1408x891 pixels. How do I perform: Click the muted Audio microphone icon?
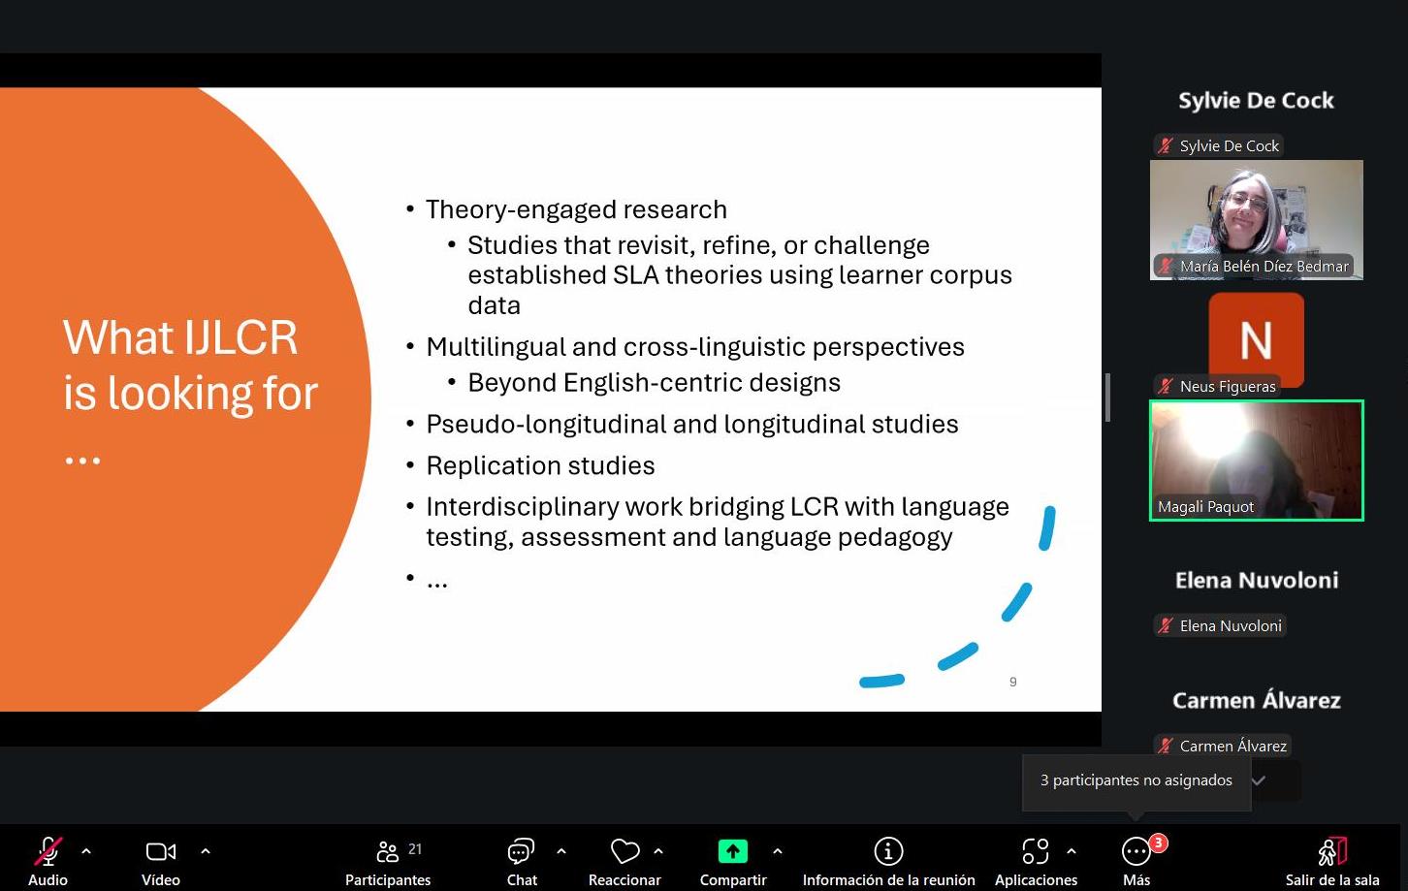pos(48,851)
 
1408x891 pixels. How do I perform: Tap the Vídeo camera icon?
pos(161,851)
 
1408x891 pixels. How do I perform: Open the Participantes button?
pos(388,862)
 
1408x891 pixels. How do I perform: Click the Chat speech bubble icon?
pos(521,851)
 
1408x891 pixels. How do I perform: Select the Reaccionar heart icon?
pos(624,851)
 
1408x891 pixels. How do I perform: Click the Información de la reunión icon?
pos(888,851)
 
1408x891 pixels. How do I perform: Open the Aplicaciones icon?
pos(1036,851)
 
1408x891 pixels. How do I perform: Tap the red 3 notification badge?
pos(1159,843)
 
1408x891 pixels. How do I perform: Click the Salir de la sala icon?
pos(1332,851)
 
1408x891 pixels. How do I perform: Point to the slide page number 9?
pos(1012,682)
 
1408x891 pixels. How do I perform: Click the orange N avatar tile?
pos(1256,339)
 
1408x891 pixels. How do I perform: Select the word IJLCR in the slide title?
pos(240,337)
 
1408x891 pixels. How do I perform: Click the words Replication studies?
pos(540,465)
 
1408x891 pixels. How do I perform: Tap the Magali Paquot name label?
pos(1205,506)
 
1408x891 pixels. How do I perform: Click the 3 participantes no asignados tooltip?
pos(1136,780)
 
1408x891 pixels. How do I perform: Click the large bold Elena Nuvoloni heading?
pos(1257,580)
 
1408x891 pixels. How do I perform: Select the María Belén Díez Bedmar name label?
pos(1264,267)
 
